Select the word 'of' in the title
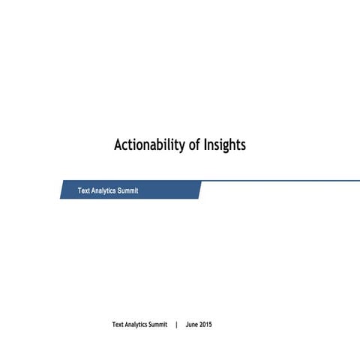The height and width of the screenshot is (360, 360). point(194,145)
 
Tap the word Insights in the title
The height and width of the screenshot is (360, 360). point(224,145)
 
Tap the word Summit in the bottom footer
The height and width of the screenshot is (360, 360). point(158,325)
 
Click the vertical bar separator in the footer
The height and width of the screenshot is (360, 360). point(176,325)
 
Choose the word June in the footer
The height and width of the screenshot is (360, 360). point(192,325)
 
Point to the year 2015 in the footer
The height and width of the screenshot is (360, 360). point(206,325)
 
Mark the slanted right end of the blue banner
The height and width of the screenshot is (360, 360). point(199,190)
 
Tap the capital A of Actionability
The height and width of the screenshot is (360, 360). point(118,145)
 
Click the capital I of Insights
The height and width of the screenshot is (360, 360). point(205,145)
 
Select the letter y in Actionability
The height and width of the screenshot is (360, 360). point(181,146)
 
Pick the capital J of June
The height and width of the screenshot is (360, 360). point(187,325)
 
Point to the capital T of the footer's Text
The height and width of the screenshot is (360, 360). point(114,325)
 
